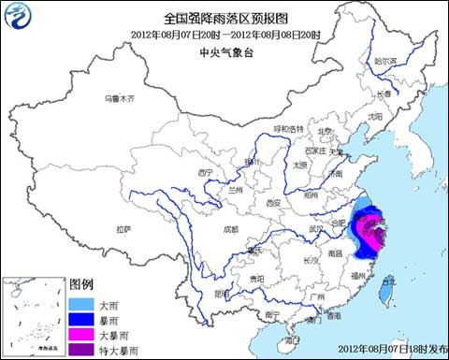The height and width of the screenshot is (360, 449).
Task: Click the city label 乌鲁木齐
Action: (x=119, y=98)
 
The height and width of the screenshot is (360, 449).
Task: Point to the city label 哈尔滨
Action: (x=385, y=61)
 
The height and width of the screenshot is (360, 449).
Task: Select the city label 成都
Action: (x=231, y=227)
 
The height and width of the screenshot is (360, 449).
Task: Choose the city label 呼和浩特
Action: (x=288, y=128)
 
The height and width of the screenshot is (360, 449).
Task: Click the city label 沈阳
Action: (x=376, y=116)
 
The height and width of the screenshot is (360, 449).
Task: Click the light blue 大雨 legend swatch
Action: (x=80, y=304)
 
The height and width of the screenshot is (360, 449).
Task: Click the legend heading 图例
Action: (x=82, y=284)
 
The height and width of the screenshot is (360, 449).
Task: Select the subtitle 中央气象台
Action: (x=224, y=53)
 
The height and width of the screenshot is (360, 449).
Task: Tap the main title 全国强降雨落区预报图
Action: (x=224, y=18)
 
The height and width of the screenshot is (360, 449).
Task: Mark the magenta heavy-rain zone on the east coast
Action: (x=371, y=226)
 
